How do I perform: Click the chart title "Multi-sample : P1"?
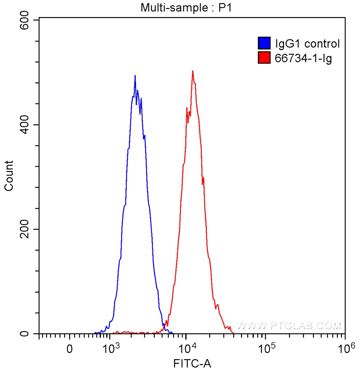(186, 8)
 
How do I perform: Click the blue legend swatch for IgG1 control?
(264, 44)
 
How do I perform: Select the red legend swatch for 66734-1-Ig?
(264, 57)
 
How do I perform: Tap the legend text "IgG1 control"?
(307, 44)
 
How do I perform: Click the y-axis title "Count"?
(9, 176)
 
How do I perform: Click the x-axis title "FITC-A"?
(192, 363)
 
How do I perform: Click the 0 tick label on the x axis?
(70, 349)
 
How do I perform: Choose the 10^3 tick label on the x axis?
(111, 348)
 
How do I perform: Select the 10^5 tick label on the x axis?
(266, 348)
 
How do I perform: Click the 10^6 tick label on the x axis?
(344, 348)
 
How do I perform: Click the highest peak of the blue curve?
(135, 76)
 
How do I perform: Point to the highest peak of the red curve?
(192, 71)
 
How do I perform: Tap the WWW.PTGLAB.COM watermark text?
(289, 326)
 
